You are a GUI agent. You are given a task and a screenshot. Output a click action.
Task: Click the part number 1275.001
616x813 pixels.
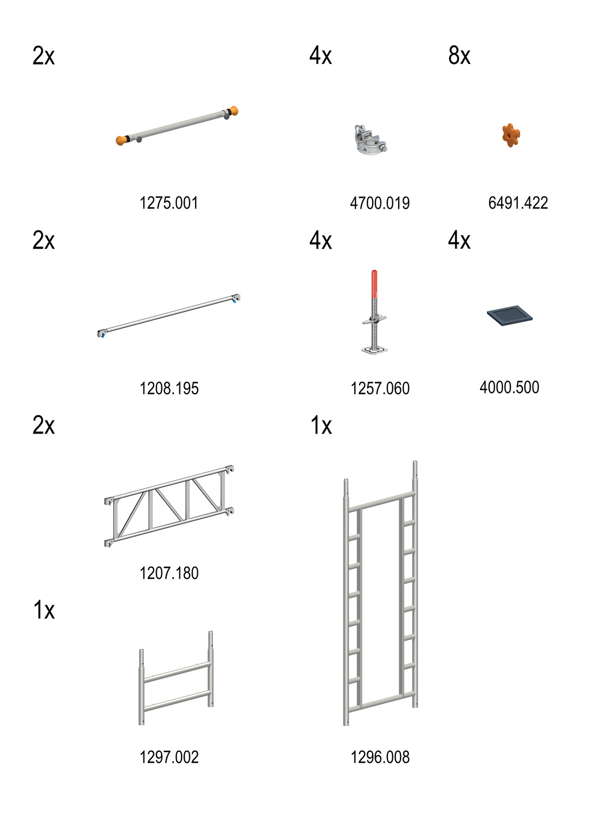[169, 203]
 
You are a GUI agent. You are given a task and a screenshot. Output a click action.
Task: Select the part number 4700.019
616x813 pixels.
[380, 203]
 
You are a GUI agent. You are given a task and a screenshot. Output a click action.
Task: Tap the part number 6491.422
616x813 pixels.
[518, 203]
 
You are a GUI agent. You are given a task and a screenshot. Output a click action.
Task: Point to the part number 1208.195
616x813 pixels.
[169, 388]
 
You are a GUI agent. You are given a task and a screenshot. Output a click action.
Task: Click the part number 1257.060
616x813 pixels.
[380, 388]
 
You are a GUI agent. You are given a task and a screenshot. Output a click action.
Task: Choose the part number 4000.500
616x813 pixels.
[509, 388]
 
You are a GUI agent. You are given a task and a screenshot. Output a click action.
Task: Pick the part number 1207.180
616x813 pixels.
[169, 573]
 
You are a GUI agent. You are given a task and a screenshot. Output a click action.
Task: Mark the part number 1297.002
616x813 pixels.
[169, 757]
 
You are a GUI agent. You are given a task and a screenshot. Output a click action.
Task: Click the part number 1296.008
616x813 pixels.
[380, 757]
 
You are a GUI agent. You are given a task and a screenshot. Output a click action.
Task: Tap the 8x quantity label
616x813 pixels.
[459, 56]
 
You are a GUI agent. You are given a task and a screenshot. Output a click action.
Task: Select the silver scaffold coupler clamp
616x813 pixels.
[369, 140]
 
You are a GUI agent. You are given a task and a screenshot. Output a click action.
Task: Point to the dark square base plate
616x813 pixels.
[509, 315]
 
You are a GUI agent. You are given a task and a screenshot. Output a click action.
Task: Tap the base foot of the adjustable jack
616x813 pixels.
[374, 350]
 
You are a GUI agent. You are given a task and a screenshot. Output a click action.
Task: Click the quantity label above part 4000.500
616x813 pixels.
[459, 240]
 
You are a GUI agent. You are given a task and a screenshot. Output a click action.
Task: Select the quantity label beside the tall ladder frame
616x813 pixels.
[321, 425]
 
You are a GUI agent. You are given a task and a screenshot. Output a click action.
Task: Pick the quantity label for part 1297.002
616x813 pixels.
[44, 610]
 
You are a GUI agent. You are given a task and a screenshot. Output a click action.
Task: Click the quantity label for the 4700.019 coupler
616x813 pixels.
[321, 56]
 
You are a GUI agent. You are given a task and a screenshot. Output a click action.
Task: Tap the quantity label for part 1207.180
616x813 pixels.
[44, 425]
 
